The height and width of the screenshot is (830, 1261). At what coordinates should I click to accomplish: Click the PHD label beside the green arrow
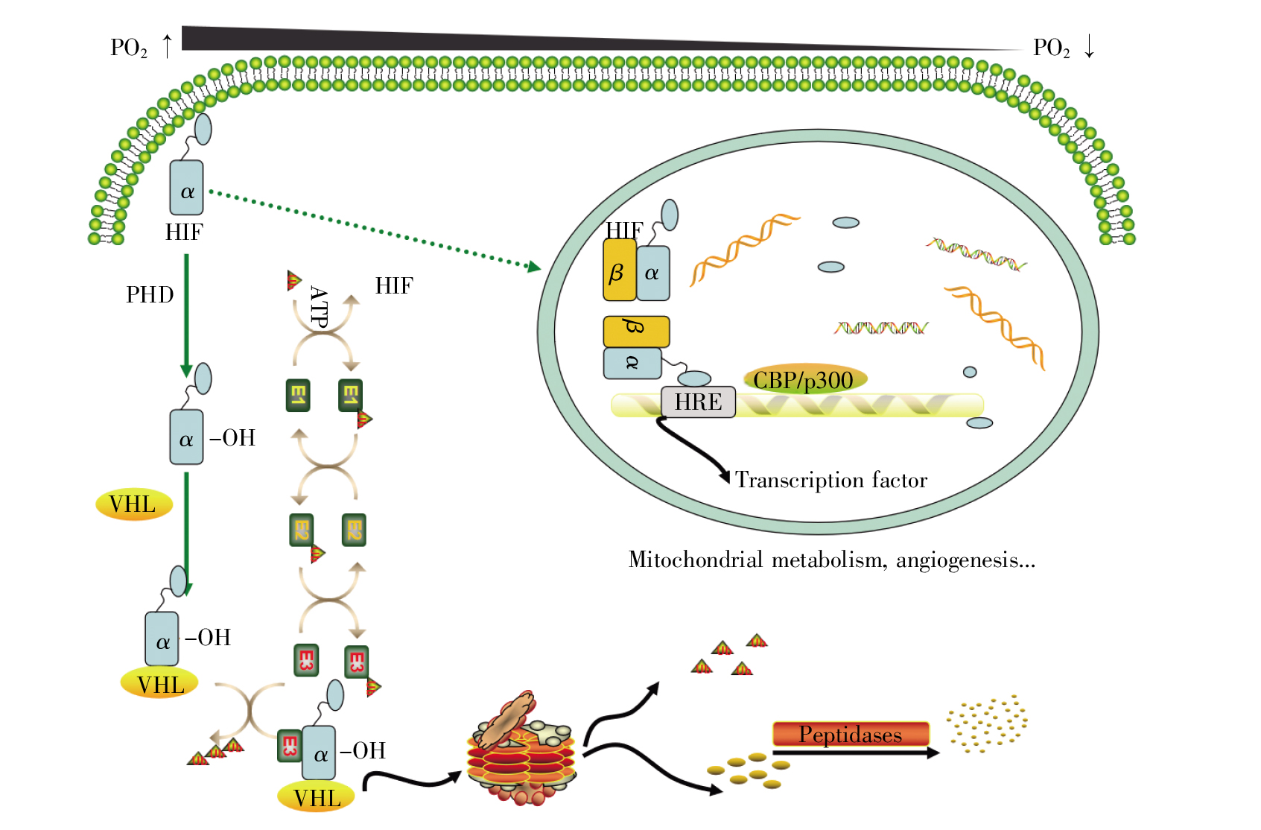[150, 295]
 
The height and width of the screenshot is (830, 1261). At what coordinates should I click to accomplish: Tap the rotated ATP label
[319, 307]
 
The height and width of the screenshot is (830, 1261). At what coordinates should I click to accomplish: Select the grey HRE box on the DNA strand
[698, 402]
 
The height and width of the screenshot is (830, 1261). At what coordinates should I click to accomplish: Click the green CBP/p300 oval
[804, 380]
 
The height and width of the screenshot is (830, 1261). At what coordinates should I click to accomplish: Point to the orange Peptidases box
[851, 735]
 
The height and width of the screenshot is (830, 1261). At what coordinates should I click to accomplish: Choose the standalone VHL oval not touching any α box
[134, 504]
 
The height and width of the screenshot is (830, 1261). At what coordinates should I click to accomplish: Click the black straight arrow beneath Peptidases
[857, 753]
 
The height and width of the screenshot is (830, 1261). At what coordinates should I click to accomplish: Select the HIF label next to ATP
[394, 286]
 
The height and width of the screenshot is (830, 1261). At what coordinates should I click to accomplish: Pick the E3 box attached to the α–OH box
[289, 746]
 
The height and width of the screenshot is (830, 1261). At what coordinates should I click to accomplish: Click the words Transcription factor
[831, 480]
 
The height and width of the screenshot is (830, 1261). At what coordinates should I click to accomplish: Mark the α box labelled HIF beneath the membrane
[186, 189]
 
